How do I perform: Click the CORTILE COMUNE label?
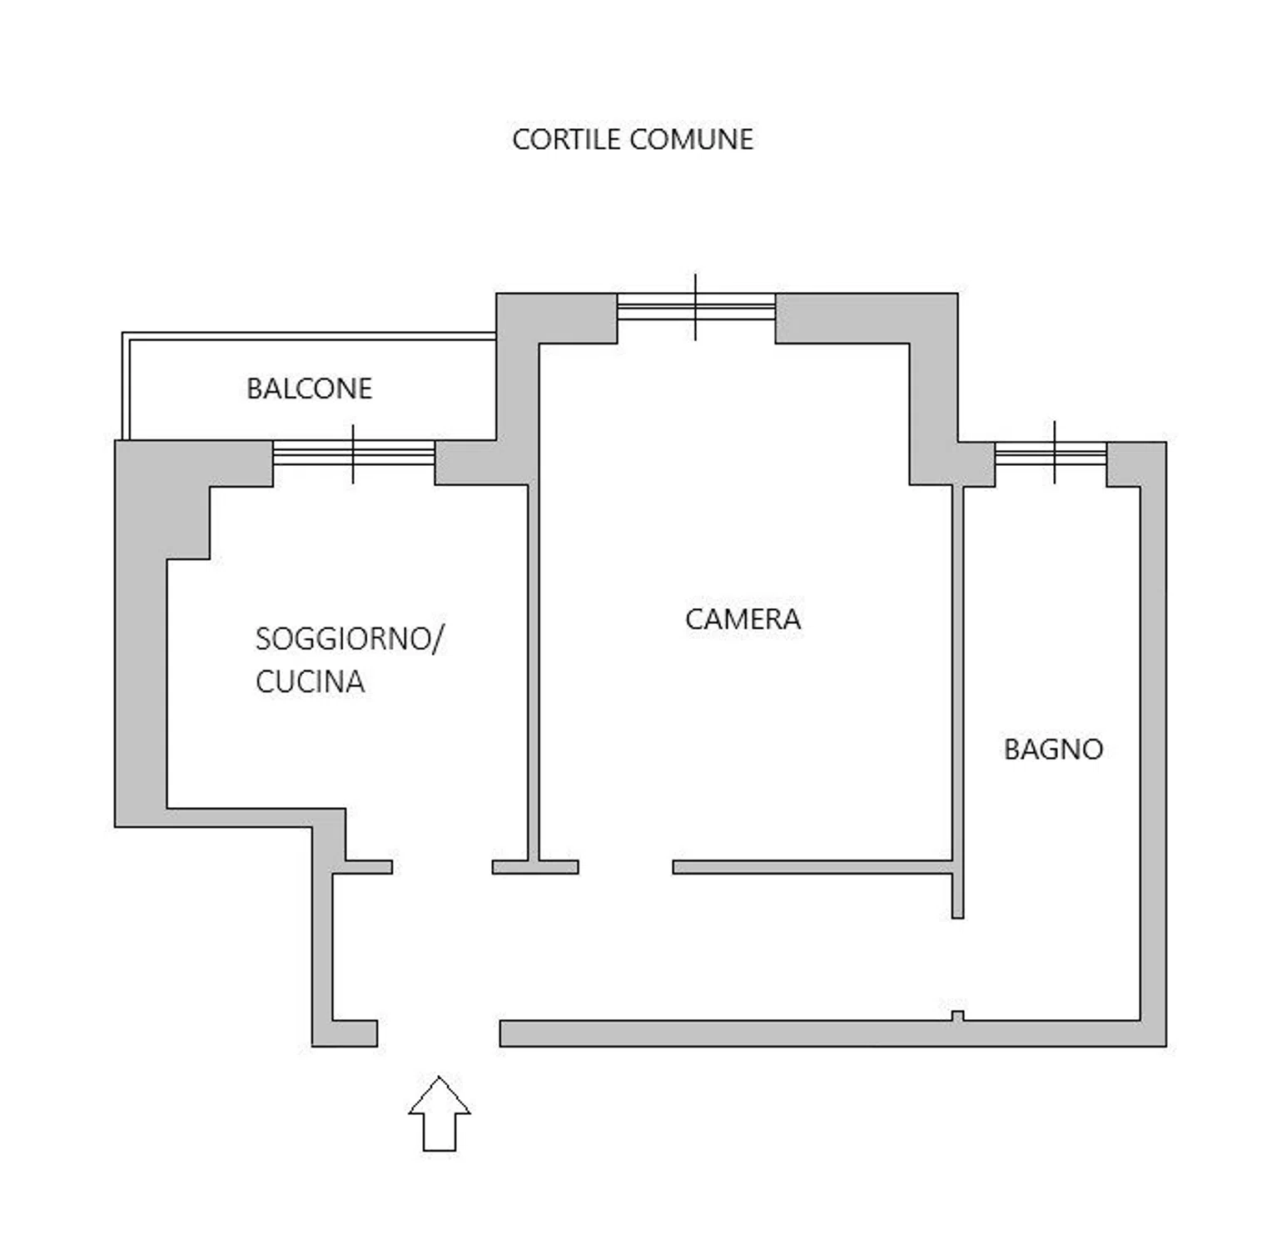633,139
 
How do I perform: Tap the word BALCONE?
309,389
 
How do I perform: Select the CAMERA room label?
743,619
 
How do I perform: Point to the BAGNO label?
1053,750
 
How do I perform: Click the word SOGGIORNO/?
350,639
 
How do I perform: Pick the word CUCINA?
310,681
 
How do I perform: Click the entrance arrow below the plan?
440,1114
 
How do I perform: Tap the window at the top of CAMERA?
696,307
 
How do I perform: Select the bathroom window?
1051,453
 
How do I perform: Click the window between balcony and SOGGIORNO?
354,453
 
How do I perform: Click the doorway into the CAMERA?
625,867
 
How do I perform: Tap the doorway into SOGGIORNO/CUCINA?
442,867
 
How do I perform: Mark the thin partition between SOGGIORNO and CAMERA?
534,672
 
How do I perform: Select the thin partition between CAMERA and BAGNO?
957,701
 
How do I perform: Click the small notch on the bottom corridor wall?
957,1016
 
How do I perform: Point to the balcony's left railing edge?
126,386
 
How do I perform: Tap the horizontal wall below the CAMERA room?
812,867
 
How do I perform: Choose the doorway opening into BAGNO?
957,969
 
